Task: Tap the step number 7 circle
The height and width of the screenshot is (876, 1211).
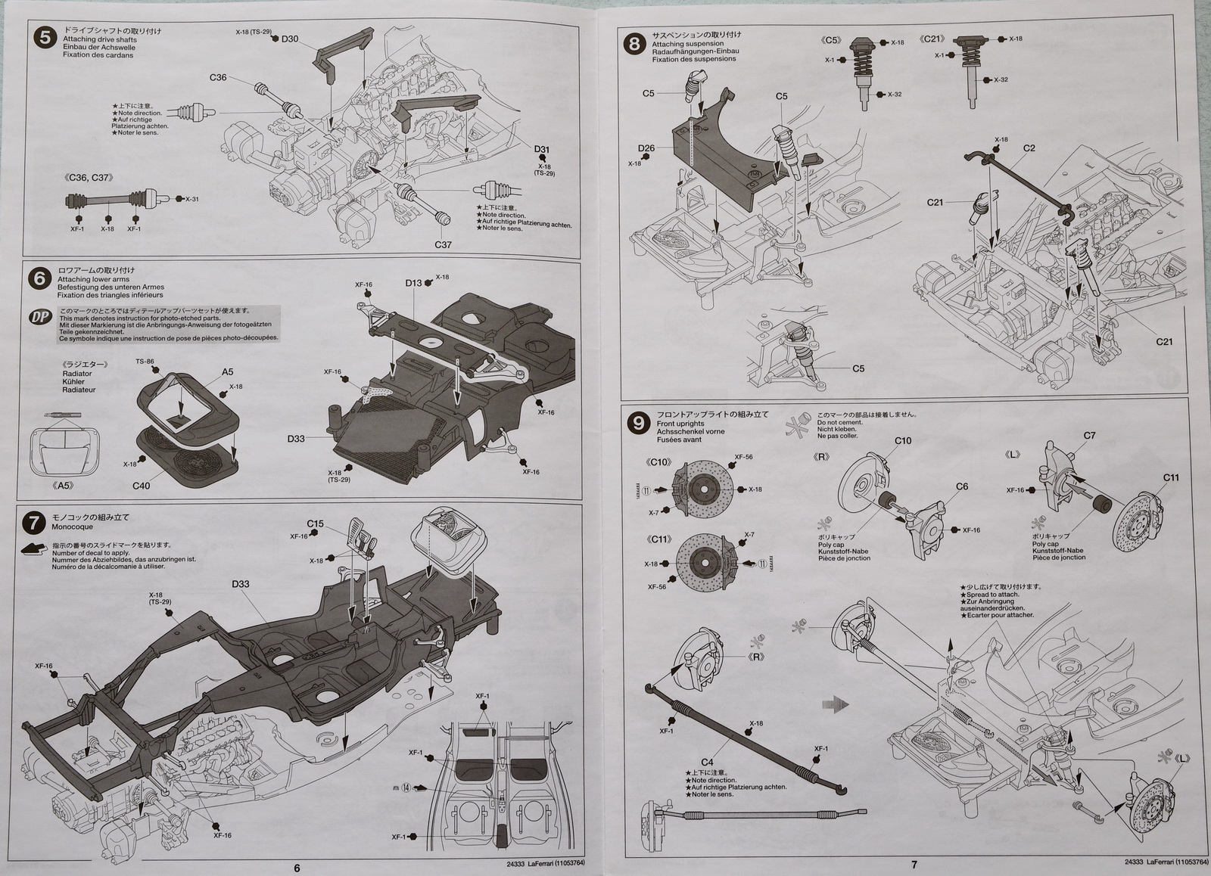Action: [x=34, y=522]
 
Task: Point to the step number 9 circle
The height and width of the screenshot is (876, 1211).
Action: [x=640, y=423]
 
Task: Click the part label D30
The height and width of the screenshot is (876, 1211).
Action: [x=290, y=39]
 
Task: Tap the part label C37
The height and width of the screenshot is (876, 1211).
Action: [x=443, y=245]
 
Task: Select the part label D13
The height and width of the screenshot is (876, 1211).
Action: [x=413, y=283]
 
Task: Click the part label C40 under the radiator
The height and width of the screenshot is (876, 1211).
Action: [x=141, y=486]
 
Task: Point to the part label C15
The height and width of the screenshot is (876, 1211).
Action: [x=316, y=523]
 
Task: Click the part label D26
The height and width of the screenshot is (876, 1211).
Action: [x=646, y=148]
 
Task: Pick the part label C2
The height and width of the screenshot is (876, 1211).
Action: [x=1029, y=148]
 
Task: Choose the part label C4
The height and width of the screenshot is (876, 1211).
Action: [x=708, y=762]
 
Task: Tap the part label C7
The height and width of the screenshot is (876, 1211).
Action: [x=1089, y=435]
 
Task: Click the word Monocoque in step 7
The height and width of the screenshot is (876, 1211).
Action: [x=72, y=527]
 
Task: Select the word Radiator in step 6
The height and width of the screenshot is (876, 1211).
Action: [x=77, y=374]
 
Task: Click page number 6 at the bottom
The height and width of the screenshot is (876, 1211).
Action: [x=297, y=868]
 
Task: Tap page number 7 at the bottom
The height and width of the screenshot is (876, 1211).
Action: [x=914, y=865]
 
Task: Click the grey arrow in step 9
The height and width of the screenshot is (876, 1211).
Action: [x=836, y=704]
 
